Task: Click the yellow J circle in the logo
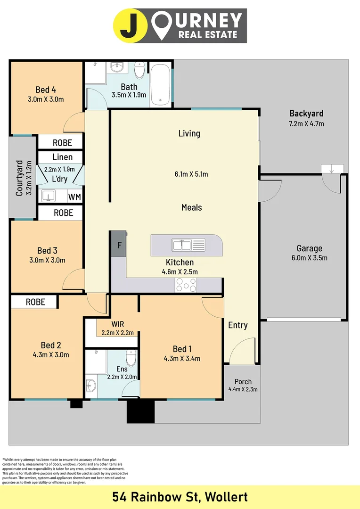(x=130, y=26)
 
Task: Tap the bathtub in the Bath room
(x=161, y=83)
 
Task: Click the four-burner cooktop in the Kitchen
(x=186, y=285)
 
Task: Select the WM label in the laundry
(x=74, y=197)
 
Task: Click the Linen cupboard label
(x=62, y=157)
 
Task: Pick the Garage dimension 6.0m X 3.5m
(x=309, y=258)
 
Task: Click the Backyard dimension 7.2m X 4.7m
(x=306, y=124)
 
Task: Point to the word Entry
(x=238, y=325)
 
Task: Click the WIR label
(x=118, y=324)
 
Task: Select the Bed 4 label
(x=46, y=90)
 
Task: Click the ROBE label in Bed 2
(x=35, y=302)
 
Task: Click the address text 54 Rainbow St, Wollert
(x=180, y=497)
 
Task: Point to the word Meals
(x=191, y=207)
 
